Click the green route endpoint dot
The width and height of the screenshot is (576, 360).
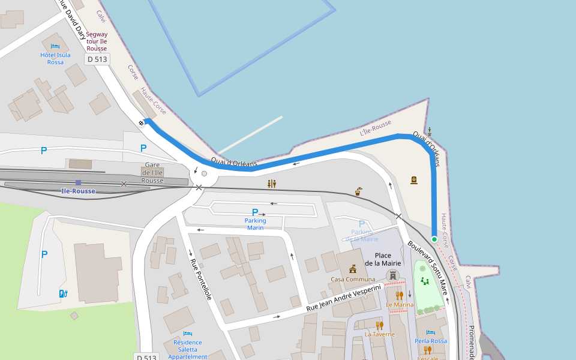[x=434, y=239]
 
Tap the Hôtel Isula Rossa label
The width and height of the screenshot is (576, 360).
[x=55, y=58]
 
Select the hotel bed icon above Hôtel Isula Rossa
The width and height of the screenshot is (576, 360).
[x=55, y=46]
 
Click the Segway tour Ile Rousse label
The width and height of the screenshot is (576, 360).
[x=97, y=41]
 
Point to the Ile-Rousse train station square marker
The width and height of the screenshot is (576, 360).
[x=78, y=182]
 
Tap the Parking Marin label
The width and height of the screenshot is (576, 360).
[x=255, y=224]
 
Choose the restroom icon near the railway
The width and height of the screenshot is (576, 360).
[x=272, y=184]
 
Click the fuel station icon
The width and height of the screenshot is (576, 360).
[x=64, y=293]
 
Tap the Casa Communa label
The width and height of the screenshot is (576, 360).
[x=352, y=279]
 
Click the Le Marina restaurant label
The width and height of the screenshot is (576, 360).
[x=400, y=305]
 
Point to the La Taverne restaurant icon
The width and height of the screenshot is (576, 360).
[x=379, y=325]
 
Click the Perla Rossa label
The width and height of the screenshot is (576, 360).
[x=431, y=341]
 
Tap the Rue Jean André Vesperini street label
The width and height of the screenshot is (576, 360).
[x=344, y=298]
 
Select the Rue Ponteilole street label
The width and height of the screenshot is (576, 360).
[x=201, y=279]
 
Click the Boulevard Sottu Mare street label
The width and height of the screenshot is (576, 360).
[x=428, y=268]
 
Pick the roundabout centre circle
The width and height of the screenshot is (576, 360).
[x=204, y=174]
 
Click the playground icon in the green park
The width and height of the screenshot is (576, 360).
[x=425, y=280]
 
